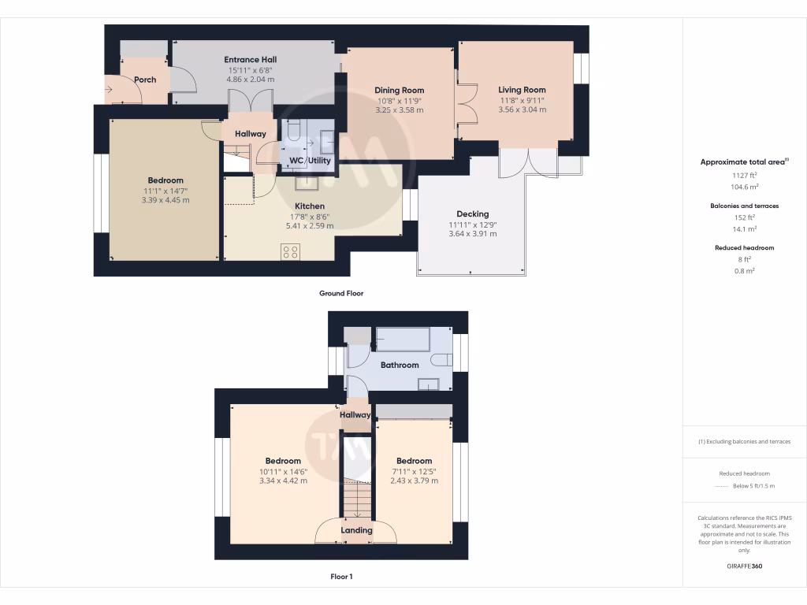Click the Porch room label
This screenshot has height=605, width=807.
[145, 80]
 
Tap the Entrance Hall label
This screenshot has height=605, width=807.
[250, 59]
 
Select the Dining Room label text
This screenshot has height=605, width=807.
[399, 90]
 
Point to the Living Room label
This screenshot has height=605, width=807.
[522, 90]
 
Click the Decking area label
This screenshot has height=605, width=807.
[473, 213]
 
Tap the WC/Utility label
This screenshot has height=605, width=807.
[311, 161]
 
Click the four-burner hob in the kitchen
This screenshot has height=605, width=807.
[291, 252]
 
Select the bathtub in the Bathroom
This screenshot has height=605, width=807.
[403, 339]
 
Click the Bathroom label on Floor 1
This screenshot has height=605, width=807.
[400, 365]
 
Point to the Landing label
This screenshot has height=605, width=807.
[356, 530]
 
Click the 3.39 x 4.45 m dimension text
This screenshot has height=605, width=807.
[165, 200]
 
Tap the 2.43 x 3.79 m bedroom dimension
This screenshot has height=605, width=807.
[414, 481]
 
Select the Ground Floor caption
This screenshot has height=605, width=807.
[340, 293]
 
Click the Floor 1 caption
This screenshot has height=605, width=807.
[341, 577]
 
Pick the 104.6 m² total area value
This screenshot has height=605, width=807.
[744, 187]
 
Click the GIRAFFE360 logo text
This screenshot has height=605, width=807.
[744, 566]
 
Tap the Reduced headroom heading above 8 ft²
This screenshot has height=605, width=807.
[744, 247]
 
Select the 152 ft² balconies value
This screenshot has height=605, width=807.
[744, 217]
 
